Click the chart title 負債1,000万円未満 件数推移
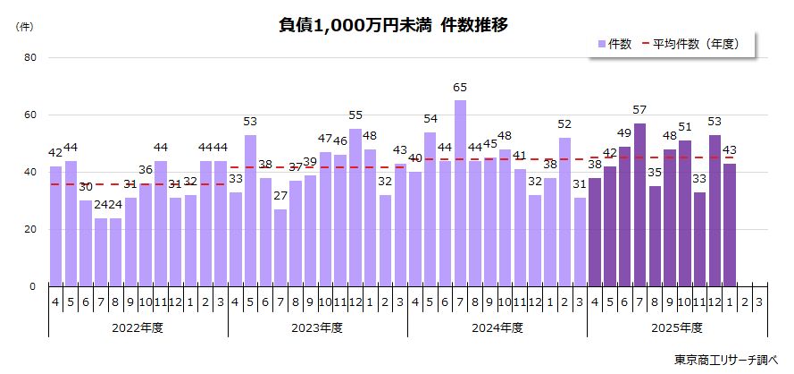(x=393, y=25)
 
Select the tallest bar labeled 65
(x=460, y=193)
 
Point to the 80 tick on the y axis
(x=30, y=58)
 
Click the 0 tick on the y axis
(x=33, y=286)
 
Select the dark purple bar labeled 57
(x=639, y=205)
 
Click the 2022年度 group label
(x=138, y=327)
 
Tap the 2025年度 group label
(x=677, y=327)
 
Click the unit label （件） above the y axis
(x=25, y=27)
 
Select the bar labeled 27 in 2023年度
(x=280, y=248)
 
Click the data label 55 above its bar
(x=355, y=115)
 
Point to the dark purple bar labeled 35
(x=655, y=236)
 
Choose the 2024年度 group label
(x=497, y=327)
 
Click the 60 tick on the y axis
(x=30, y=115)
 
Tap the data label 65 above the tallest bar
(x=460, y=87)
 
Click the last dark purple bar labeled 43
(x=730, y=225)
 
